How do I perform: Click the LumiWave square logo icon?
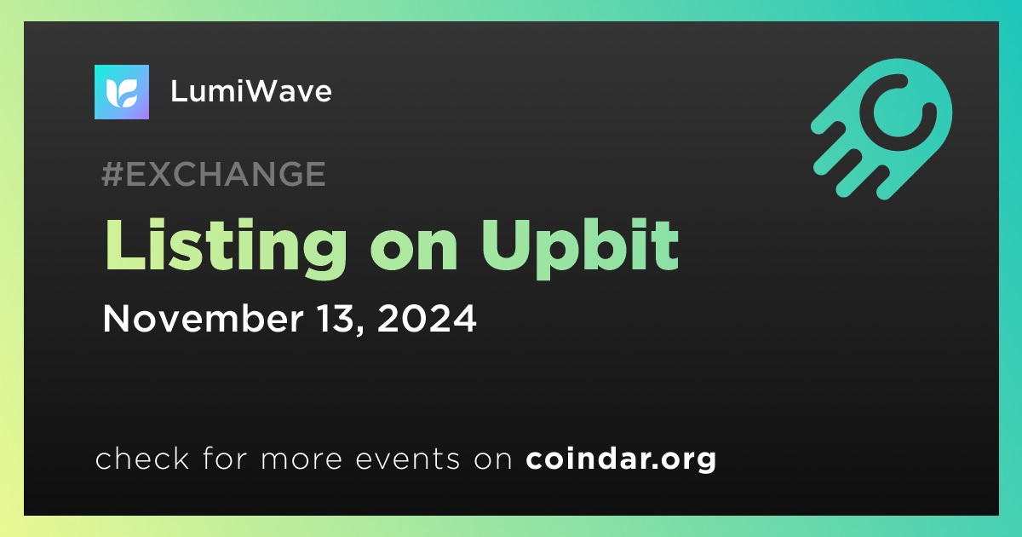click(121, 92)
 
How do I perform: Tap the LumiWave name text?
click(251, 91)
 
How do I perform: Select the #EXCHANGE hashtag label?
click(214, 174)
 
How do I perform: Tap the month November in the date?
click(203, 318)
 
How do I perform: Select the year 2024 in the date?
click(427, 318)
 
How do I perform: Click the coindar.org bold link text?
click(621, 459)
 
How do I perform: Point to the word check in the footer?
click(142, 459)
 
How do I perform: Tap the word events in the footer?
click(408, 459)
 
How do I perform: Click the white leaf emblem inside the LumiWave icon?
click(121, 93)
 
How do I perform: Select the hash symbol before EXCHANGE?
click(112, 174)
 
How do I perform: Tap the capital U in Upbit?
click(508, 245)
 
